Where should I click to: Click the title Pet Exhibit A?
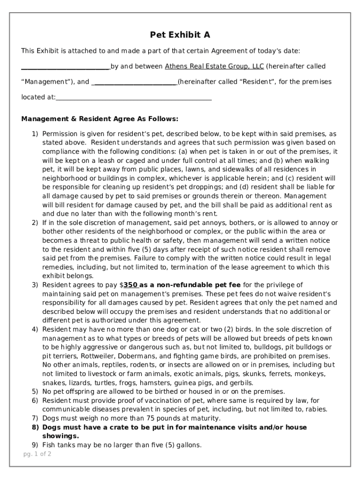[x=180, y=35]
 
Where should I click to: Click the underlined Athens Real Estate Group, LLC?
[x=214, y=66]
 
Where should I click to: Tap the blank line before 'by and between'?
[x=65, y=66]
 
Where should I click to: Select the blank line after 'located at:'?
[x=134, y=98]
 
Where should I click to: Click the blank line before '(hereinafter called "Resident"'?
[x=134, y=82]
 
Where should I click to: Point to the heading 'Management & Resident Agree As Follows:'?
[x=100, y=119]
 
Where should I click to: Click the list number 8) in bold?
[x=36, y=428]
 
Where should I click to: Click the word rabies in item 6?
[x=317, y=409]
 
